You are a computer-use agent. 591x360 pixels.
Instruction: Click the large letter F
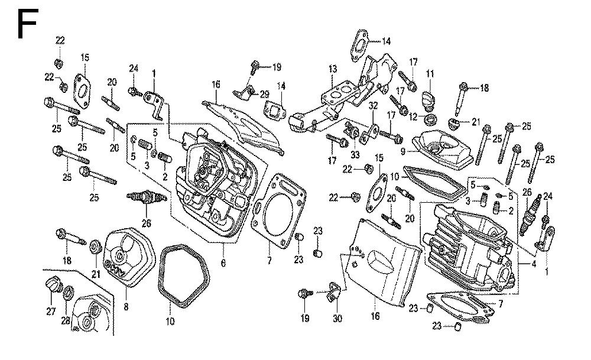[x=26, y=25]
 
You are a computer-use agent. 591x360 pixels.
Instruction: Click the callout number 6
[x=223, y=262]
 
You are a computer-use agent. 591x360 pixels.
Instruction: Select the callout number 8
[x=126, y=307]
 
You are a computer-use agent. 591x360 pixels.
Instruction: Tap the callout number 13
[x=333, y=69]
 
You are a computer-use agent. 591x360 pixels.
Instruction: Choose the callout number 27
[x=51, y=312]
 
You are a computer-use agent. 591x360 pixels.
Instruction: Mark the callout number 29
[x=264, y=94]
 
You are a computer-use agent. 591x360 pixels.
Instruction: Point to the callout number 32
[x=374, y=106]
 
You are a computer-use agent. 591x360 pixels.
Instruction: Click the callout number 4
[x=534, y=264]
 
